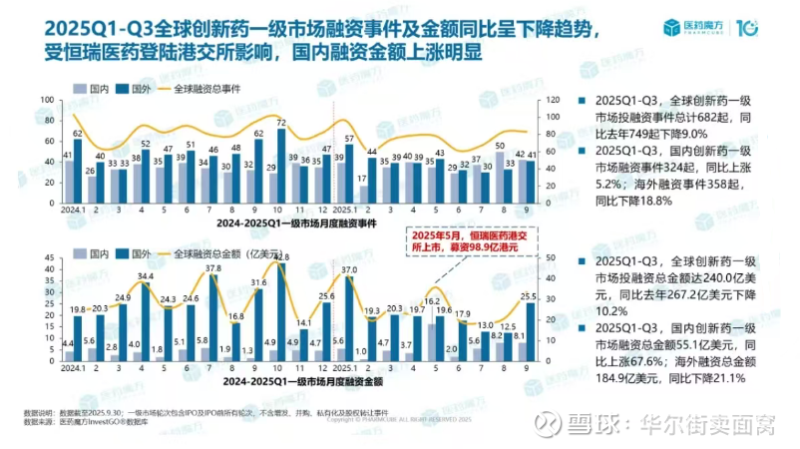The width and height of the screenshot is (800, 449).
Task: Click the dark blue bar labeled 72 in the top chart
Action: click(x=282, y=159)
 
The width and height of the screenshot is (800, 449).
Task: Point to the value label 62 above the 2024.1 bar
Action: click(x=78, y=132)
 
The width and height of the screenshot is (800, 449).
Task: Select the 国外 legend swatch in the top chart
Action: click(x=122, y=89)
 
